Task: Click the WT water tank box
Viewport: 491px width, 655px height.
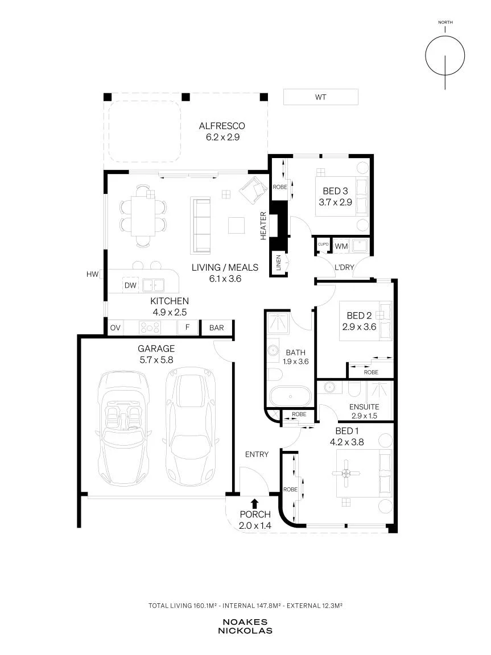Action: click(320, 97)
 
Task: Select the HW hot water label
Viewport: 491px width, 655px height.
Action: click(92, 274)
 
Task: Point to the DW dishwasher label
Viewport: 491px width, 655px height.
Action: click(131, 285)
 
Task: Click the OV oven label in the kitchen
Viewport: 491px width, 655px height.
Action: click(115, 328)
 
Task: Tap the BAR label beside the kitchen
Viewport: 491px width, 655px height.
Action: click(216, 328)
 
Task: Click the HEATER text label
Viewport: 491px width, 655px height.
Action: click(263, 226)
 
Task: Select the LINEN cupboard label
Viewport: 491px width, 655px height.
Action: click(279, 263)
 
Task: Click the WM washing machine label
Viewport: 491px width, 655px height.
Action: click(341, 246)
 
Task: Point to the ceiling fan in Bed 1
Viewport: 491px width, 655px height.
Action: click(346, 473)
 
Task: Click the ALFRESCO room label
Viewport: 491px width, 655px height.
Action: click(222, 126)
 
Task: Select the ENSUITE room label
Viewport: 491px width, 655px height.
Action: click(364, 407)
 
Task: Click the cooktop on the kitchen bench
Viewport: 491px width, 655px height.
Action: click(150, 327)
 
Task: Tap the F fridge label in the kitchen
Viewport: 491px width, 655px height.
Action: click(187, 327)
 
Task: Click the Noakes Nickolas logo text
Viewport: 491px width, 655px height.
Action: click(245, 627)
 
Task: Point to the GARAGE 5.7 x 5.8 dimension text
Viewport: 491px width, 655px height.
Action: click(155, 360)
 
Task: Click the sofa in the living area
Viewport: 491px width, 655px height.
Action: click(201, 225)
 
